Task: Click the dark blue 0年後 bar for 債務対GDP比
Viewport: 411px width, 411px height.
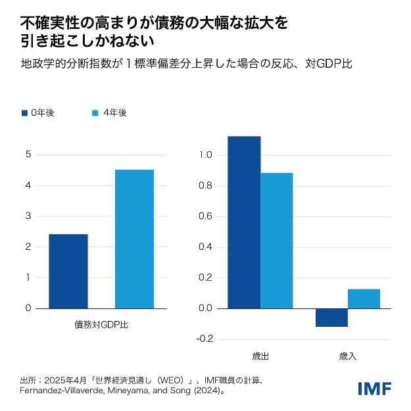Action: click(68, 271)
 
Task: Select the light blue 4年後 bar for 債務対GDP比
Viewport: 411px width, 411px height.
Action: click(134, 239)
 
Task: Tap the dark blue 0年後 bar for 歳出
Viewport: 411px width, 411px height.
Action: click(244, 222)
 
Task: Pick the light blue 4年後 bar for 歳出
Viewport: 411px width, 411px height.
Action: click(277, 241)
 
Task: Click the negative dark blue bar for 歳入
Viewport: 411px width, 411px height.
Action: click(331, 318)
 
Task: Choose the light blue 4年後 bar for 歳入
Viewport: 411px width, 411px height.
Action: click(364, 299)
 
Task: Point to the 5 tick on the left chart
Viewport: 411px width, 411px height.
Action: click(28, 155)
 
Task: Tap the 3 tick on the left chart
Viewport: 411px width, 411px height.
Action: click(28, 216)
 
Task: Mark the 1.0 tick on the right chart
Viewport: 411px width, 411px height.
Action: click(205, 155)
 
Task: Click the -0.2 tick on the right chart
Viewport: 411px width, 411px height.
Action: click(204, 339)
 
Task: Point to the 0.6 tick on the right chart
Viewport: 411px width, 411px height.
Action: click(205, 216)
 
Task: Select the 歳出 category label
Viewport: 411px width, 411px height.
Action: click(260, 356)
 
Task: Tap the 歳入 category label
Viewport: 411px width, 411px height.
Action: click(347, 356)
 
